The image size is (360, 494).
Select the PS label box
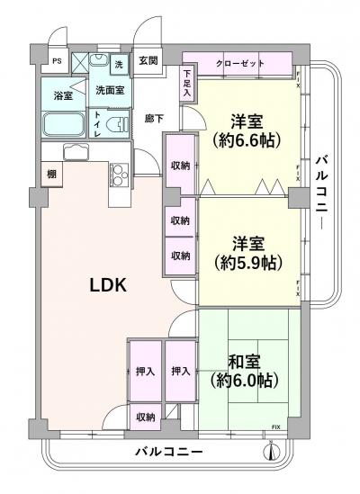click(x=57, y=61)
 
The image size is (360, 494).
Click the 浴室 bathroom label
click(x=63, y=94)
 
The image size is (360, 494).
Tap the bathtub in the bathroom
click(x=64, y=123)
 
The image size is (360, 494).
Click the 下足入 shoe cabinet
click(x=187, y=84)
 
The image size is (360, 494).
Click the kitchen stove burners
click(x=119, y=171)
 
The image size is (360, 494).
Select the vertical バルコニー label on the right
click(x=321, y=194)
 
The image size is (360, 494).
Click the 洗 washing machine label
click(x=119, y=65)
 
